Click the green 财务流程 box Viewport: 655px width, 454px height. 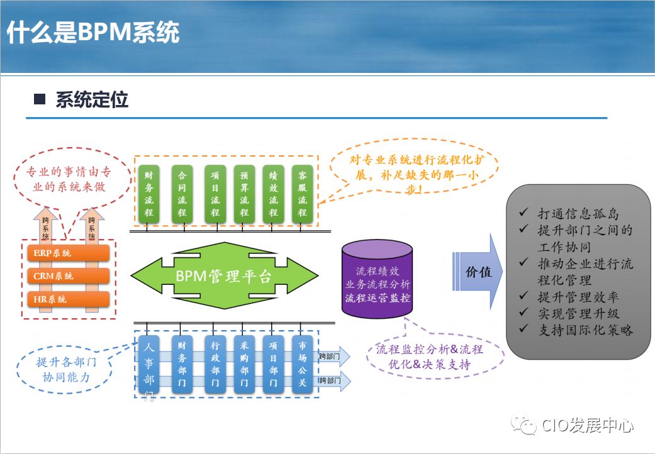[x=148, y=194]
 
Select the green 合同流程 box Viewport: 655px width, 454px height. [x=182, y=194]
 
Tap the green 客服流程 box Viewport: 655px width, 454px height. [x=302, y=194]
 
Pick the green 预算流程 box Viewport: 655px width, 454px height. [x=244, y=194]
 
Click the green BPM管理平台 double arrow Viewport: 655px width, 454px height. [x=225, y=275]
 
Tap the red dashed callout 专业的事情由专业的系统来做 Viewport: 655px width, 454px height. [x=64, y=179]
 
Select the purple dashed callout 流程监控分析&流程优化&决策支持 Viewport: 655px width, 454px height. [x=429, y=357]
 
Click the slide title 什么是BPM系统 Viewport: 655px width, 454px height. [x=93, y=33]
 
